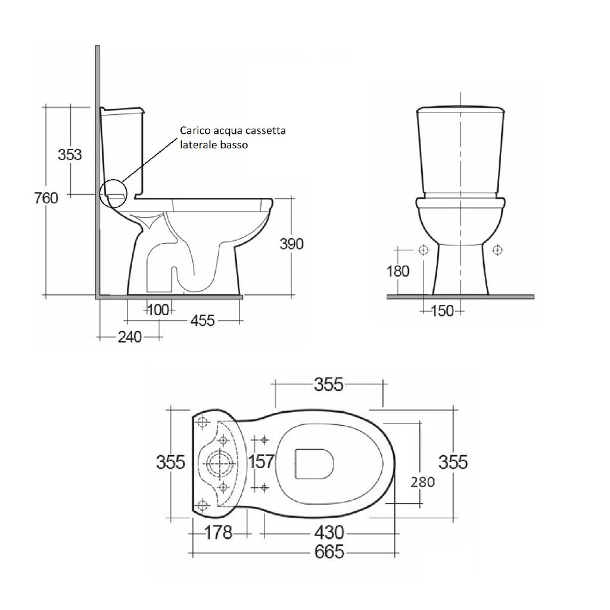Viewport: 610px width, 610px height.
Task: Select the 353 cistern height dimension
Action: pyautogui.click(x=70, y=154)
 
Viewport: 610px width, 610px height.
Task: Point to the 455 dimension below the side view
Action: pyautogui.click(x=203, y=320)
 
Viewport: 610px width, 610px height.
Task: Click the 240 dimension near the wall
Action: pyautogui.click(x=129, y=337)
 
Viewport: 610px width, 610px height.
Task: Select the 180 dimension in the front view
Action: pyautogui.click(x=397, y=272)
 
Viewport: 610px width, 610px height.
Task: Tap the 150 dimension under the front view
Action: pyautogui.click(x=442, y=310)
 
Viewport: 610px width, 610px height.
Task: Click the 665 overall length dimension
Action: pyautogui.click(x=329, y=552)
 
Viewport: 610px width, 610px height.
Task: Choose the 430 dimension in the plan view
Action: pyautogui.click(x=329, y=532)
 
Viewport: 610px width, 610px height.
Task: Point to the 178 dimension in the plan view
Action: pyautogui.click(x=218, y=532)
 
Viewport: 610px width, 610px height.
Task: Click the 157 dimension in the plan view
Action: pyautogui.click(x=261, y=462)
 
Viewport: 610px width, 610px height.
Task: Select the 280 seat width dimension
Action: pyautogui.click(x=422, y=481)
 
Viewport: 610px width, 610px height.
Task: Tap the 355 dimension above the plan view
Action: pyautogui.click(x=329, y=385)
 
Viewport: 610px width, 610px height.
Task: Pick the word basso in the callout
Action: pyautogui.click(x=233, y=145)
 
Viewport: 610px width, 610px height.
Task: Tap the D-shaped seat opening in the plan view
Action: pyautogui.click(x=314, y=462)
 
